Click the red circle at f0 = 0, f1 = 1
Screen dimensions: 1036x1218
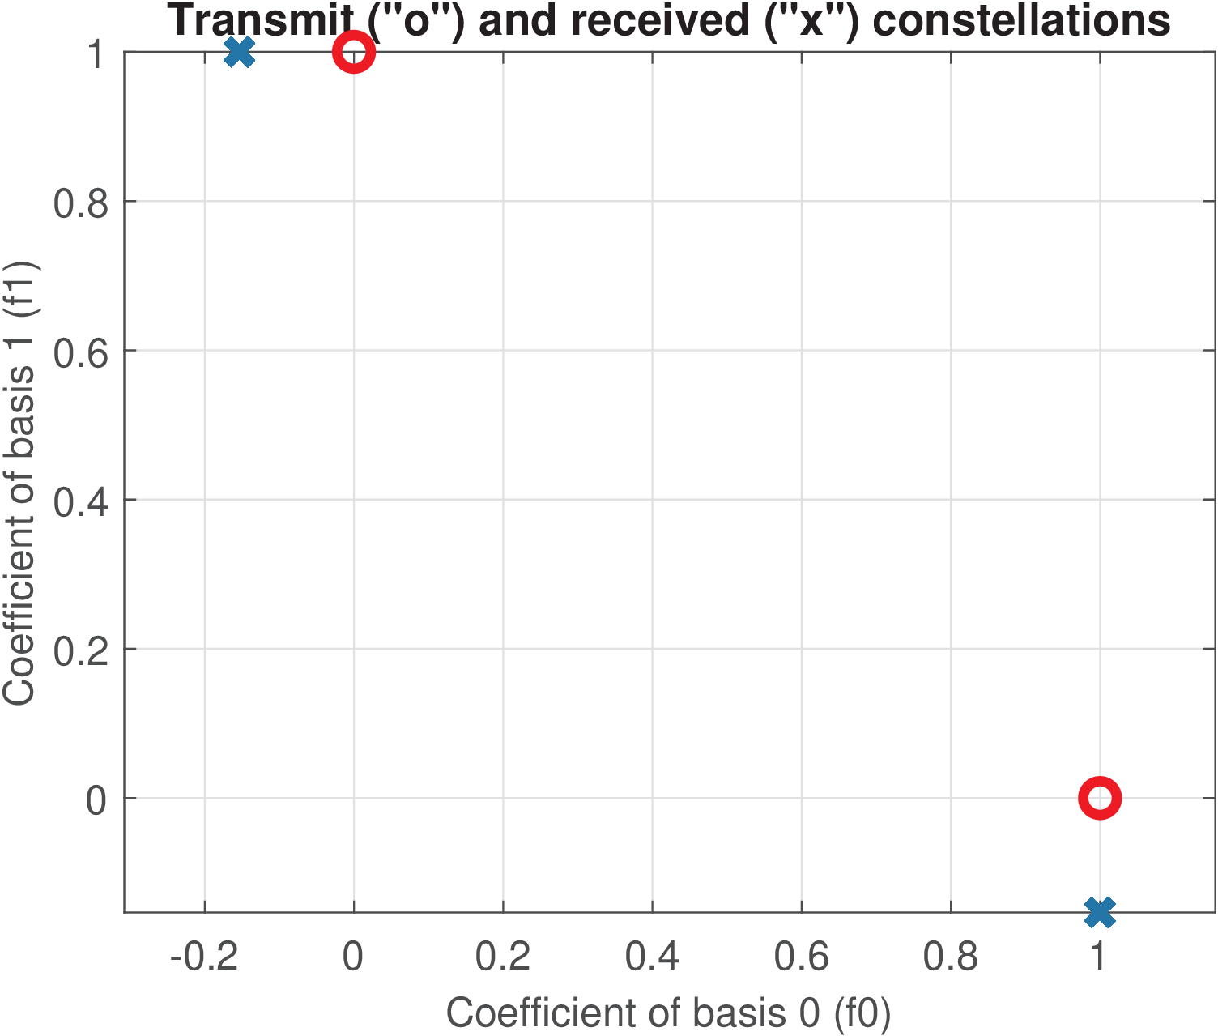click(354, 53)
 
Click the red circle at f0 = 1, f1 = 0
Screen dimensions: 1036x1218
click(1100, 799)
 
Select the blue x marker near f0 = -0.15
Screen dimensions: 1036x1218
click(239, 53)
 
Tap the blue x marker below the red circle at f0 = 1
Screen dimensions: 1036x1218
click(1100, 912)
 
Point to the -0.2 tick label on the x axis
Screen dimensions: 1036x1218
click(204, 957)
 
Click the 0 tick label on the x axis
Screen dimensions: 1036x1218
click(353, 957)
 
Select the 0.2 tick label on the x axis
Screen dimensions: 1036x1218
click(502, 957)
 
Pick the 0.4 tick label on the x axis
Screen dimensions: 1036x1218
click(652, 957)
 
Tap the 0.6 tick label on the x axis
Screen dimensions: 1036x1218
click(801, 957)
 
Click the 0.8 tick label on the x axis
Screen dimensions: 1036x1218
click(950, 957)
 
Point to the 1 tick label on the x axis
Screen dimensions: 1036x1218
click(1099, 957)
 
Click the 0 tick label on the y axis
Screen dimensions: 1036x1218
click(96, 800)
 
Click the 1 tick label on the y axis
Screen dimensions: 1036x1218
click(96, 54)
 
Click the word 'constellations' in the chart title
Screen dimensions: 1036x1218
click(1021, 20)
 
